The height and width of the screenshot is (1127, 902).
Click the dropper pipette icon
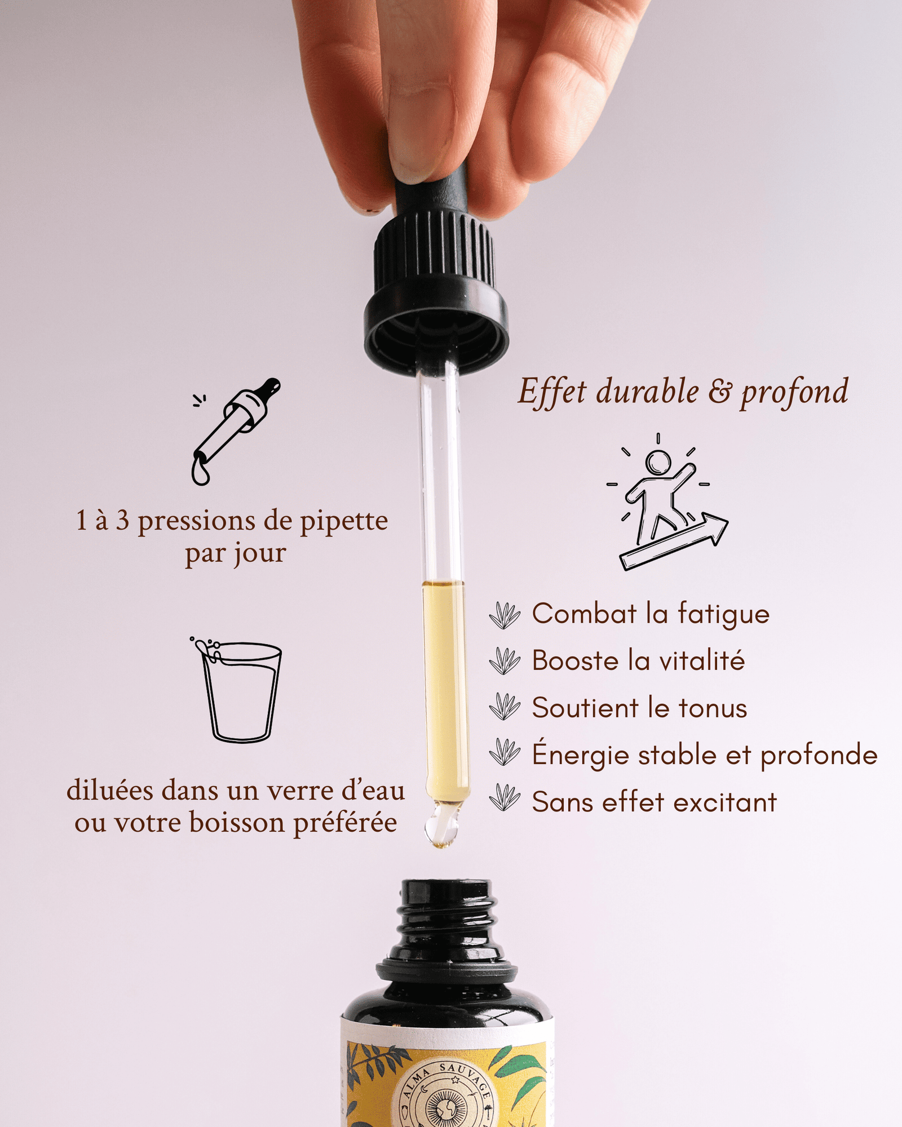(236, 431)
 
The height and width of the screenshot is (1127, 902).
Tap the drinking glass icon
(237, 690)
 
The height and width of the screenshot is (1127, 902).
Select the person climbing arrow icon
(667, 502)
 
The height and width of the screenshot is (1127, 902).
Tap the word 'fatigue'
(723, 614)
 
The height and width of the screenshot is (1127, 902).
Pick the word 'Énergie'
(581, 753)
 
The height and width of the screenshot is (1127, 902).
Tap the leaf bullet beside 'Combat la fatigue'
(505, 615)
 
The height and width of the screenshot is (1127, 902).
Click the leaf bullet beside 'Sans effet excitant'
(505, 797)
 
